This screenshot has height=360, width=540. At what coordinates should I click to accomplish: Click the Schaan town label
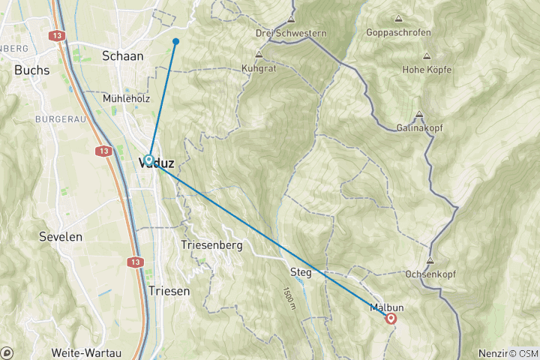click(123, 55)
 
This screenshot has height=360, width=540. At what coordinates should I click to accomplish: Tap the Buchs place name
click(31, 70)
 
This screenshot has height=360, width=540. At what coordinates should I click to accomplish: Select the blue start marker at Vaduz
click(149, 160)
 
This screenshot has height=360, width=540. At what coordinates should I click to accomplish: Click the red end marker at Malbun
click(391, 319)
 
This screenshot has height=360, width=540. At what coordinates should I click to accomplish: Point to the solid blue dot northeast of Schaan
click(175, 41)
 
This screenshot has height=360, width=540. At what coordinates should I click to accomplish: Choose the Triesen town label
click(169, 290)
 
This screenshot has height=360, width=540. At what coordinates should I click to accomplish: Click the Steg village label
click(300, 271)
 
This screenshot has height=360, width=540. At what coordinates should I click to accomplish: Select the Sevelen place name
click(60, 236)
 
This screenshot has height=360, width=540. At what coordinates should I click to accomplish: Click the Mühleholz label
click(125, 98)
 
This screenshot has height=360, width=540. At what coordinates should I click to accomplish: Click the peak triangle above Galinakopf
click(419, 115)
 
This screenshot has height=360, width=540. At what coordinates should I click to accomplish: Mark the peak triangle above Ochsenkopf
click(430, 261)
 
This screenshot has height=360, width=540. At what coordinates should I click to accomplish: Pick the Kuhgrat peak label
click(259, 67)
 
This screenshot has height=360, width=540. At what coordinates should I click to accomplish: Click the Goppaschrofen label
click(397, 32)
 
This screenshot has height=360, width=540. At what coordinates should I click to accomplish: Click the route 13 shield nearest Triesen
click(136, 262)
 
